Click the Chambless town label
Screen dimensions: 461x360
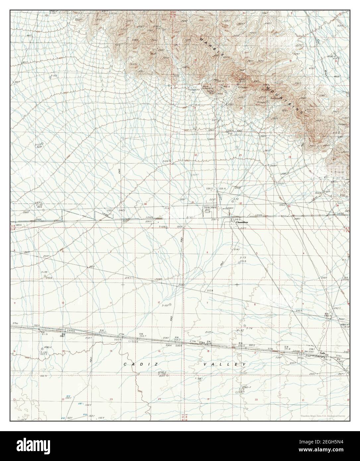tap(242, 223)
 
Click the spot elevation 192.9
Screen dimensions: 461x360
tap(43, 376)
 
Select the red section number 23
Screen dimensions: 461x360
tap(111, 399)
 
